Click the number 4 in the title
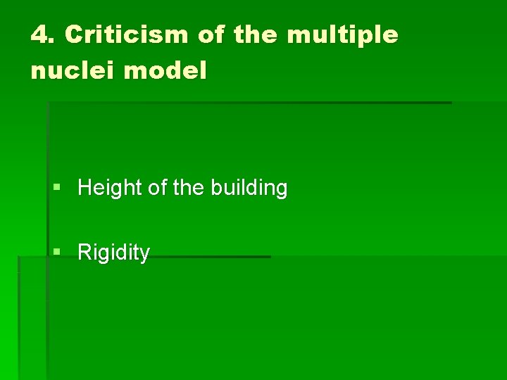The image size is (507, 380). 38,34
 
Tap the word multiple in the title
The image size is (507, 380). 342,34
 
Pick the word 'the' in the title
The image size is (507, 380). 256,34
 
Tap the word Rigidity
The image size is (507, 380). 113,252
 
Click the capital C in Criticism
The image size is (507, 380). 75,34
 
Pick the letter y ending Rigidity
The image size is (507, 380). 145,254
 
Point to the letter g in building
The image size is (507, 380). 280,190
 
